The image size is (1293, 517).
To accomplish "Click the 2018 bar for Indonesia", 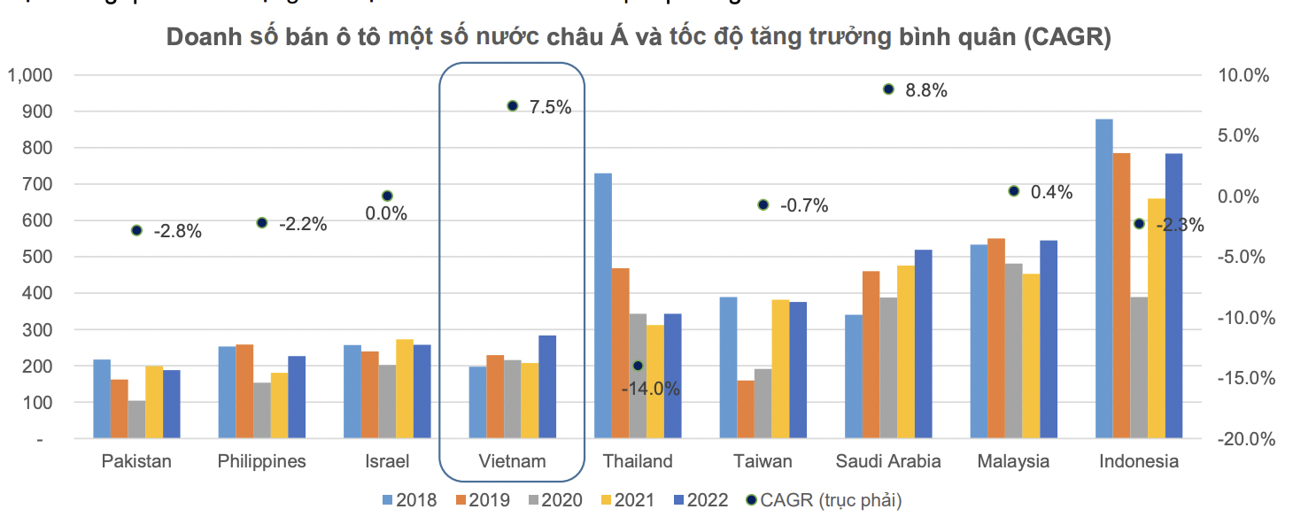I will click(x=1103, y=278).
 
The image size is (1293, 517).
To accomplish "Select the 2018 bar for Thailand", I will click(x=602, y=305).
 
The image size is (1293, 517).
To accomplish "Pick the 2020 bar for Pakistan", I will click(x=136, y=420).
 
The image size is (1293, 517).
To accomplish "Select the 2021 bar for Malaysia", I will click(x=1031, y=356).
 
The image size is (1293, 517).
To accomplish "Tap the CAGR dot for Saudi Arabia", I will click(x=888, y=89).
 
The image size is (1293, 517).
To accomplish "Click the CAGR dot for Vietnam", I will click(x=512, y=106).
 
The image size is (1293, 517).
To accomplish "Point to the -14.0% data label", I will click(x=650, y=389).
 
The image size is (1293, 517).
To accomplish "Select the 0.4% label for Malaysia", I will click(x=1051, y=192).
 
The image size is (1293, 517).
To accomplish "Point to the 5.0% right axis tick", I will click(x=1245, y=136).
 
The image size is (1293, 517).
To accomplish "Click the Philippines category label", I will click(x=261, y=461).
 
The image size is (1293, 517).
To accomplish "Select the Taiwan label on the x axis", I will click(x=763, y=461).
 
